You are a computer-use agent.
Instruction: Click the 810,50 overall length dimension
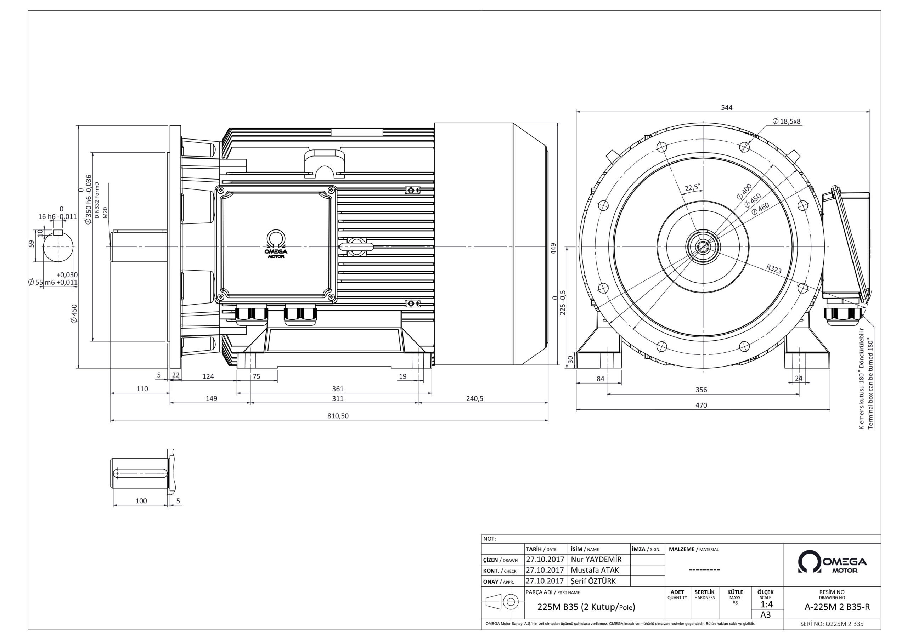coord(338,416)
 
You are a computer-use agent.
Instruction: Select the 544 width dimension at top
coord(726,107)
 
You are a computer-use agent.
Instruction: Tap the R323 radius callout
coord(774,269)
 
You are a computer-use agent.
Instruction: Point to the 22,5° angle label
coord(692,187)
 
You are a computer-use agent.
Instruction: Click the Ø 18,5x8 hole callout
coord(787,121)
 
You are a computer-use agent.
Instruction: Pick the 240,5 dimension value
coord(474,398)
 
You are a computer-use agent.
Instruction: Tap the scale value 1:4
coord(766,605)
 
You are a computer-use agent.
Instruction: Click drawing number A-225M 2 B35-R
coord(837,607)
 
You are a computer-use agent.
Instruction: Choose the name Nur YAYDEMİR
coord(596,560)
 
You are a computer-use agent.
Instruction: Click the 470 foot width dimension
coord(701,405)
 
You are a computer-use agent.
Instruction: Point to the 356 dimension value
coord(701,390)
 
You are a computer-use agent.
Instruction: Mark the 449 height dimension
coord(553,248)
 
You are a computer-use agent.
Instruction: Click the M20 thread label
coord(105,212)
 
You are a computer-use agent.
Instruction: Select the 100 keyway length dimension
coord(141,501)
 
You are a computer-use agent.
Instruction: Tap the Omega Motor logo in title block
coord(832,562)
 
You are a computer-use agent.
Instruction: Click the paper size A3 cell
coord(766,615)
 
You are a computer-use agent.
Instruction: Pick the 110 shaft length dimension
coord(142,388)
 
